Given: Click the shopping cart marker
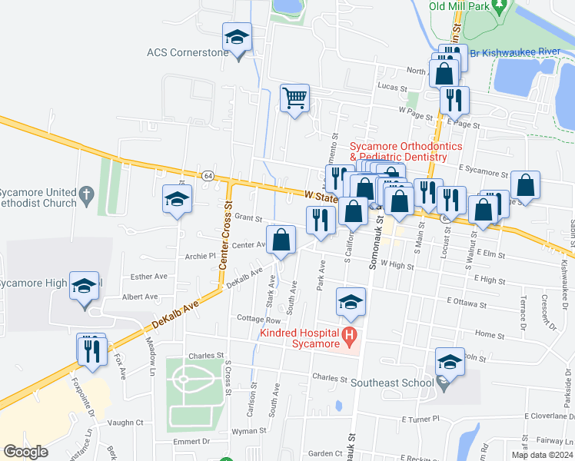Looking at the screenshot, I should (295, 98).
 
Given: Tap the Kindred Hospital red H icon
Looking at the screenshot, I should (350, 335).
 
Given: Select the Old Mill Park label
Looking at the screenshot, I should (458, 6).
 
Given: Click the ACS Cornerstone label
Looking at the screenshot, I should (188, 53).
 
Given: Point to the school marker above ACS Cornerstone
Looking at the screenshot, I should (238, 37).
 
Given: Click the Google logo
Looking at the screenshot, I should (25, 451).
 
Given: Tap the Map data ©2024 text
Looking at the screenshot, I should (541, 455).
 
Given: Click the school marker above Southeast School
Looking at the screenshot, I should (450, 362).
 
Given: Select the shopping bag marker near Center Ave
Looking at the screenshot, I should (282, 239).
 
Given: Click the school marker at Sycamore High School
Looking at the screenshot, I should (85, 287).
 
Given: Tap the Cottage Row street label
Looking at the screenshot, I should (259, 319).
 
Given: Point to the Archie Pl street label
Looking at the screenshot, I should (201, 257).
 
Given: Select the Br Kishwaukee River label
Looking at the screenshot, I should (525, 52).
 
